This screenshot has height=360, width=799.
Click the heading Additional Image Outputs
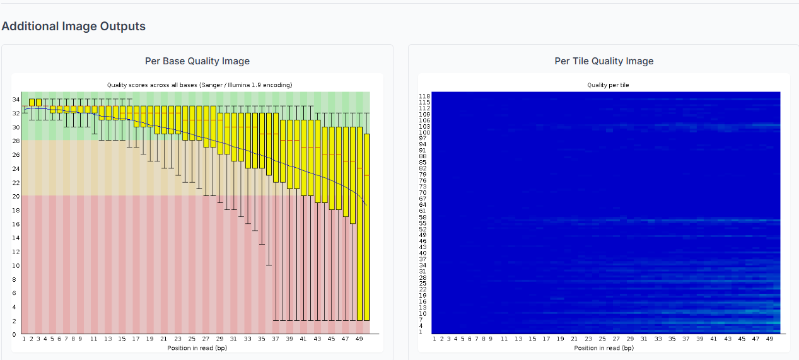pyautogui.click(x=74, y=26)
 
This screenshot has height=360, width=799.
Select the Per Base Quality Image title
pyautogui.click(x=197, y=61)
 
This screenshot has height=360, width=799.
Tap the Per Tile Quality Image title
pyautogui.click(x=604, y=61)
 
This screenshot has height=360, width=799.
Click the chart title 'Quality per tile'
pyautogui.click(x=604, y=84)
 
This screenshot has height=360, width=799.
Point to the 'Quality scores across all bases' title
pyautogui.click(x=199, y=84)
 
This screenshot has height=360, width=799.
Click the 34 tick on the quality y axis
pyautogui.click(x=15, y=100)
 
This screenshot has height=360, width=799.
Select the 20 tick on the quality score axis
pyautogui.click(x=15, y=197)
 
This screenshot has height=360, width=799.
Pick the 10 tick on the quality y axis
pyautogui.click(x=15, y=265)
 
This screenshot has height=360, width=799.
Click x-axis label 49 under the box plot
pyautogui.click(x=359, y=339)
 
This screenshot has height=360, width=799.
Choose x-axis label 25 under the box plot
pyautogui.click(x=192, y=339)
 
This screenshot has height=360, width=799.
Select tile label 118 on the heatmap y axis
pyautogui.click(x=424, y=96)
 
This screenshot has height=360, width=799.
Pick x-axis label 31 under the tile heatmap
pyautogui.click(x=644, y=339)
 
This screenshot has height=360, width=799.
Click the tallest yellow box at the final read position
pyautogui.click(x=366, y=227)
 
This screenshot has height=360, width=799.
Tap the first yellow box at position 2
pyautogui.click(x=32, y=102)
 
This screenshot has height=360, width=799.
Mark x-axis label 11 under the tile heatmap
pyautogui.click(x=504, y=339)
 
